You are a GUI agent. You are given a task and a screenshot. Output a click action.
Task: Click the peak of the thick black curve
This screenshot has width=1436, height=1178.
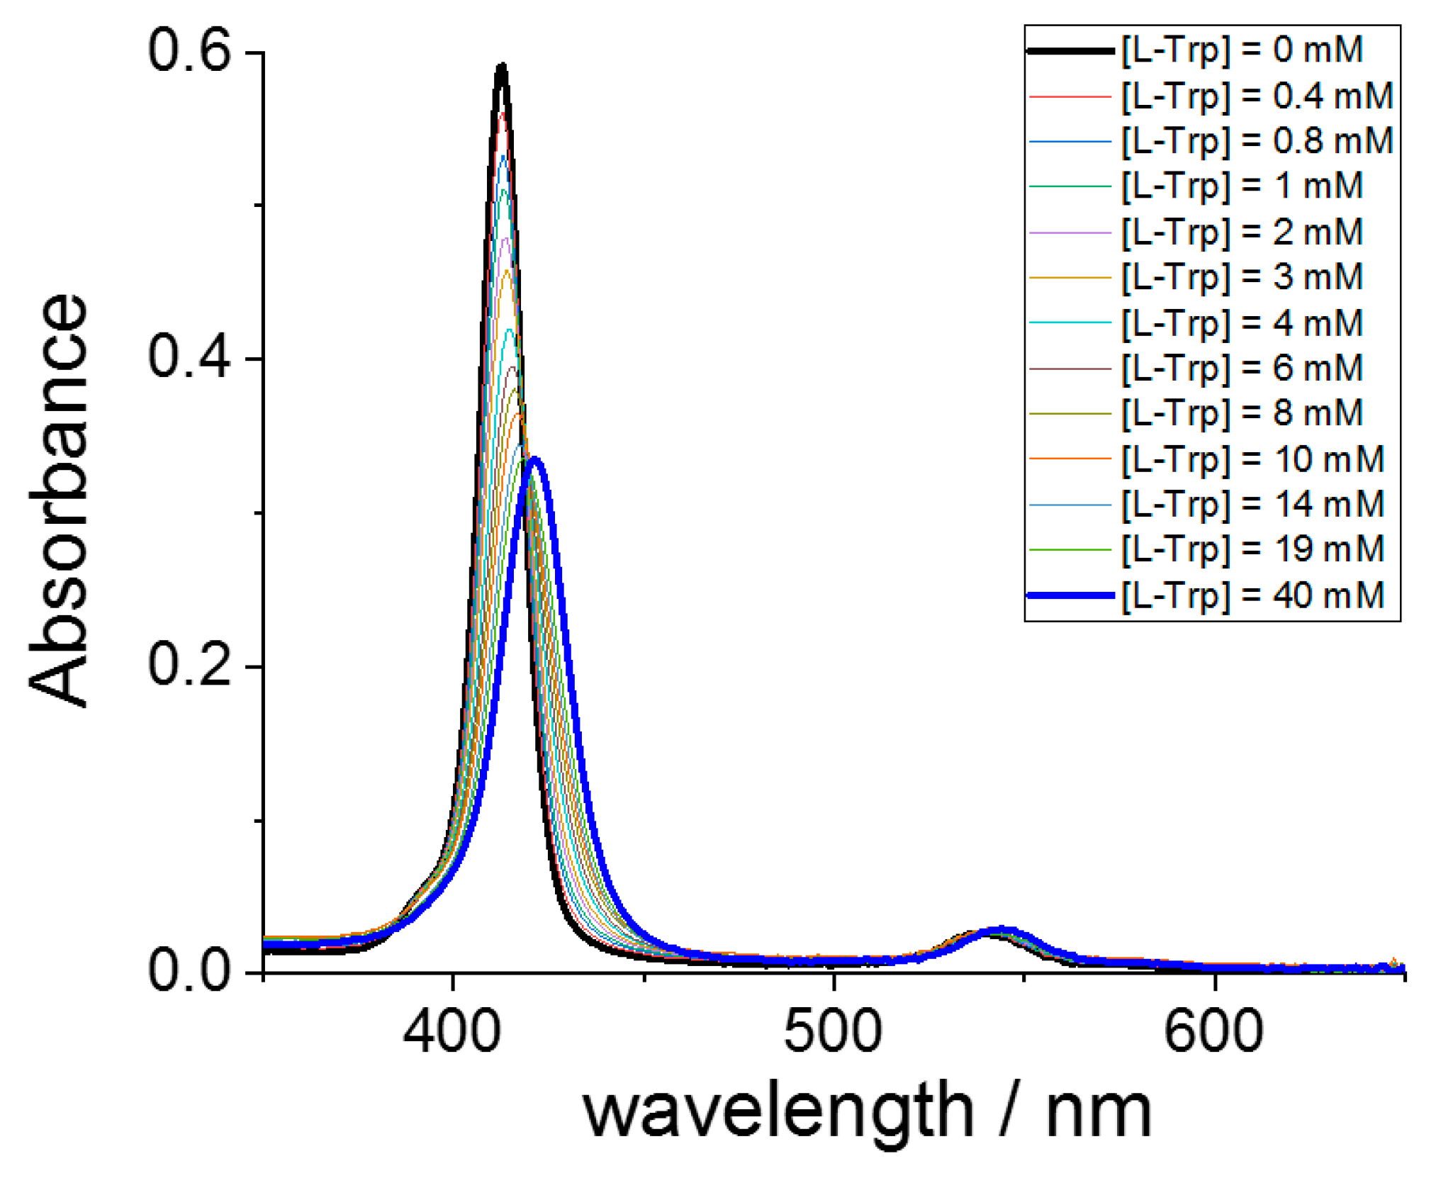coord(502,67)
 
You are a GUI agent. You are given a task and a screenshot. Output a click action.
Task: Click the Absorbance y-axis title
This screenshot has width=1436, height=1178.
coord(58,500)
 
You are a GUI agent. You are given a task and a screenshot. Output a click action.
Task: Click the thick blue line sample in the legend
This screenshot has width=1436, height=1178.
coord(1070,595)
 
